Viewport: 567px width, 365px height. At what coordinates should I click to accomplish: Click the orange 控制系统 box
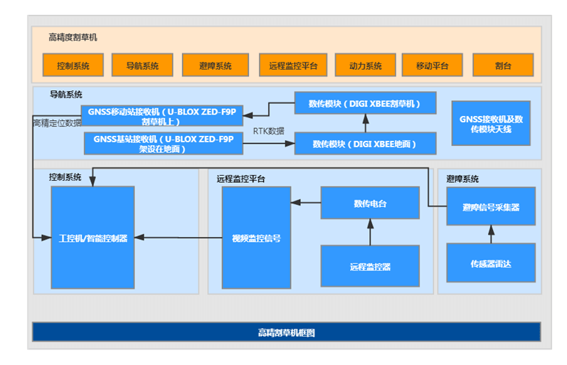click(73, 65)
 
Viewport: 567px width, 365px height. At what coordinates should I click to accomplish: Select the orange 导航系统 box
click(142, 65)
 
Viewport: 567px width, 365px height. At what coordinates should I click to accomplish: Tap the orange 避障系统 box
click(216, 65)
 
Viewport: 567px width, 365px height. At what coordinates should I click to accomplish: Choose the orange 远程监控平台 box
click(293, 65)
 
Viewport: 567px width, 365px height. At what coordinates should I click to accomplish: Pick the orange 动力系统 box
click(365, 65)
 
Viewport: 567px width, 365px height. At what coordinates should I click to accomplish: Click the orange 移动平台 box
click(432, 65)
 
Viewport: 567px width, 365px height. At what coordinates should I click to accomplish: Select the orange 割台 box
click(503, 65)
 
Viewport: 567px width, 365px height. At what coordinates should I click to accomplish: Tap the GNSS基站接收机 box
click(163, 143)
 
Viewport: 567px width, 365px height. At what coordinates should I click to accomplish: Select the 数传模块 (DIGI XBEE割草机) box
click(365, 104)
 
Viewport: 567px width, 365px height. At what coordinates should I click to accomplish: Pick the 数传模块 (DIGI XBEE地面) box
click(365, 143)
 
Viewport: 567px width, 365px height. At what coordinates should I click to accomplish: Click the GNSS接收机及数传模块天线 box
click(491, 123)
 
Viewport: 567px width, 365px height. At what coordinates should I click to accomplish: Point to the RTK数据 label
click(268, 131)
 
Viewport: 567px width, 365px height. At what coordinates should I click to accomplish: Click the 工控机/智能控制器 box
click(92, 238)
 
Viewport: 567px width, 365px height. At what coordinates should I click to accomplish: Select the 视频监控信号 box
click(256, 238)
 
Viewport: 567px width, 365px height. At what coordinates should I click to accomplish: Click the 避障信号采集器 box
click(491, 207)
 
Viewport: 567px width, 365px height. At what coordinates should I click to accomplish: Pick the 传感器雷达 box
click(491, 263)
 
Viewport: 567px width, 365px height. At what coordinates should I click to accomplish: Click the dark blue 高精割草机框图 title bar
click(286, 332)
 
